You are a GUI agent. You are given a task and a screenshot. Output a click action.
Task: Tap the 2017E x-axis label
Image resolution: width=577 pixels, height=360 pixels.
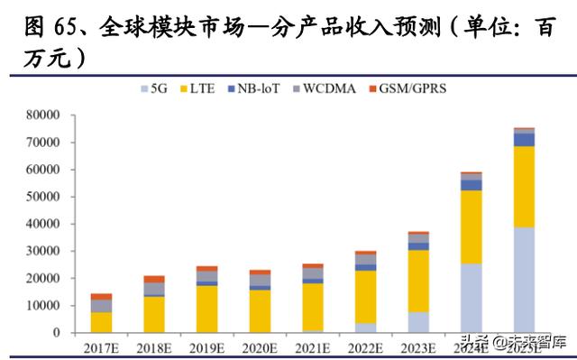point(101,345)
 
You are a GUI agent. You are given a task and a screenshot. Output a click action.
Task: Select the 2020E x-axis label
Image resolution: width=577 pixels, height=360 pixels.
point(260,345)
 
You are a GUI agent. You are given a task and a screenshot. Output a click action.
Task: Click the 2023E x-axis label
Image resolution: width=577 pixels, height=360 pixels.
point(418,345)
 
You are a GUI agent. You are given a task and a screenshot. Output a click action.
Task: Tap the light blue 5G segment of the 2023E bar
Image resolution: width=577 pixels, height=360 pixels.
point(418,322)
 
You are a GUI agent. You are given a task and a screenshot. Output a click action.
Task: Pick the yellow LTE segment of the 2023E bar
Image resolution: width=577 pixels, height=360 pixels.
point(418,281)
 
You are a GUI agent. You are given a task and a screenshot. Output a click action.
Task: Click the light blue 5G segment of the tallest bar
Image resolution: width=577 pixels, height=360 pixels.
point(524,280)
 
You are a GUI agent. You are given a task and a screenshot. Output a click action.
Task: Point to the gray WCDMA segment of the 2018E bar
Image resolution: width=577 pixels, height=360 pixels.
point(154,289)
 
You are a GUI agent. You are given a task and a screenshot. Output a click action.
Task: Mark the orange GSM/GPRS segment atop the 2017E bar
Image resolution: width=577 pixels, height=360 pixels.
point(101,296)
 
